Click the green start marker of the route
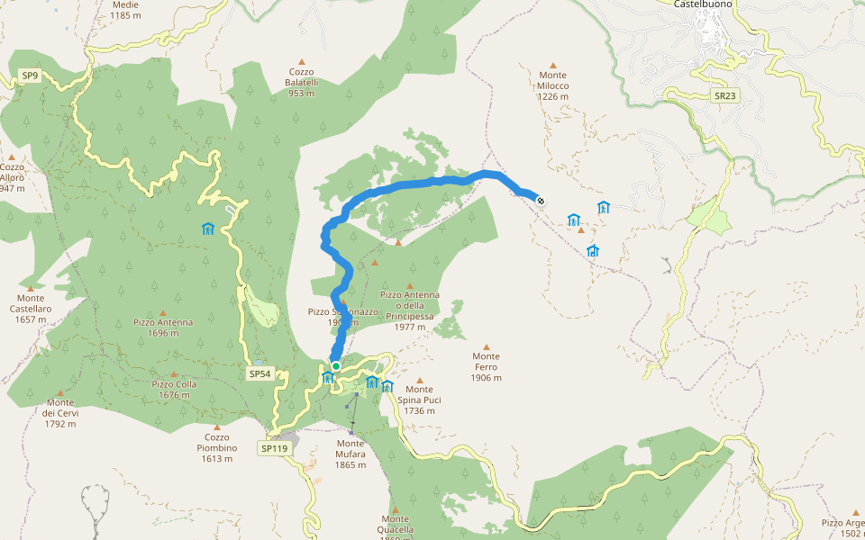(x=335, y=366)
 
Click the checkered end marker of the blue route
(x=540, y=201)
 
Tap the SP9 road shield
(x=31, y=76)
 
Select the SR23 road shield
(x=724, y=94)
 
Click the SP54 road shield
(x=259, y=373)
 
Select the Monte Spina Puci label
(x=420, y=399)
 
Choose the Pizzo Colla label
(x=174, y=389)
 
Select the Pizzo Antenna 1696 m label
(x=164, y=327)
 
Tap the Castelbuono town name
(x=703, y=4)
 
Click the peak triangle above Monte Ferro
(x=487, y=346)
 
